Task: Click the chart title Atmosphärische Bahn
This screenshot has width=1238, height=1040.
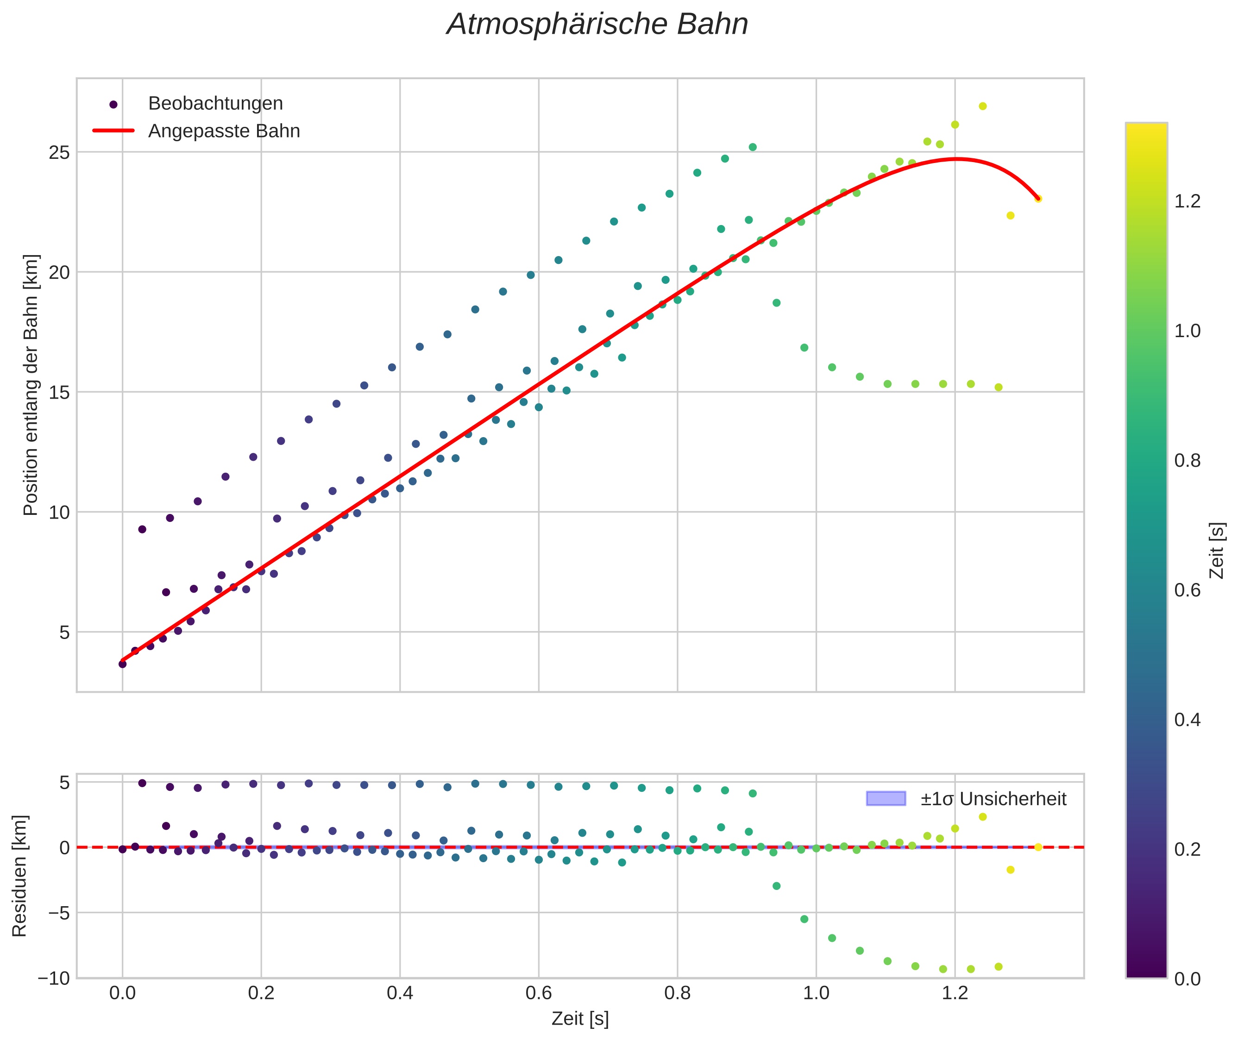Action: click(x=597, y=25)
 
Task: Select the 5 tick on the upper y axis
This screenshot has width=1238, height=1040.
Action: click(x=64, y=633)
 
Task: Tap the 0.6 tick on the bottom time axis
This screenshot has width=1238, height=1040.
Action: click(x=539, y=993)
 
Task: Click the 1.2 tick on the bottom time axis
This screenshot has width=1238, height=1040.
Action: click(x=955, y=993)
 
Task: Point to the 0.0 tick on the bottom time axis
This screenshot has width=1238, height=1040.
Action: click(x=122, y=993)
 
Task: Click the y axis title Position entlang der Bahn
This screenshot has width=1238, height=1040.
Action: click(x=31, y=385)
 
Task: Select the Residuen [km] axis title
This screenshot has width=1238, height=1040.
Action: click(x=19, y=876)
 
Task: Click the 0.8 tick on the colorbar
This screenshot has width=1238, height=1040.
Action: click(x=1187, y=460)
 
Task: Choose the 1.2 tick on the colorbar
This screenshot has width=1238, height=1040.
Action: click(x=1187, y=201)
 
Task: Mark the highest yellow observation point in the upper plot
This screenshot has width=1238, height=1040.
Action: click(x=983, y=106)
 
